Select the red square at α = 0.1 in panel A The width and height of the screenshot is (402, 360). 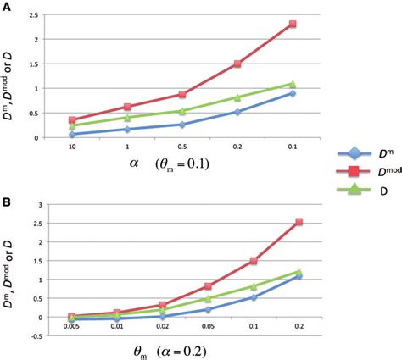coord(293,25)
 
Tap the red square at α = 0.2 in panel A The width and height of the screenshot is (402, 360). coord(237,64)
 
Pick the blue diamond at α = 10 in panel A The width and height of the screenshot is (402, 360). coord(72,134)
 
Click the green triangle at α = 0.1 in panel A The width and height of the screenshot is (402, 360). coord(293,84)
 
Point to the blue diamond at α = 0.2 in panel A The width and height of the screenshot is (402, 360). coord(237,112)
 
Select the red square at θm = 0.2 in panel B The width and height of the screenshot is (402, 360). coord(298,222)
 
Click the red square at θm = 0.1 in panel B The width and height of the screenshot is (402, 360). coord(253,261)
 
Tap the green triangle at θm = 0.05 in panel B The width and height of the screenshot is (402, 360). coord(207,298)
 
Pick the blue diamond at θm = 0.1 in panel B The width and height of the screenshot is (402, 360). coord(253,297)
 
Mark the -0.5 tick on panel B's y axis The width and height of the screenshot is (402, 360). coord(36,335)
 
